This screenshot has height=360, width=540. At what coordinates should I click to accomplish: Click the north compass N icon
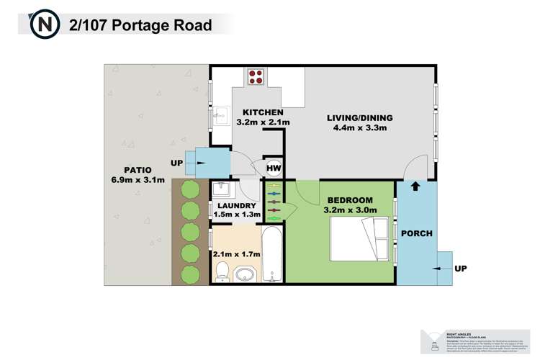(44, 24)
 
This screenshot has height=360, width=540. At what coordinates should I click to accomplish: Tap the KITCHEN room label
(263, 113)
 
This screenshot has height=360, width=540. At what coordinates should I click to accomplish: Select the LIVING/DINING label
(357, 118)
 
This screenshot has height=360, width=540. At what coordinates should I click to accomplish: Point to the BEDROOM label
(350, 199)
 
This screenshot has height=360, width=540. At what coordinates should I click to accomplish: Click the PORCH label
(416, 233)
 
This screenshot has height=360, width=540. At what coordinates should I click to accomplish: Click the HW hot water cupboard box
(274, 168)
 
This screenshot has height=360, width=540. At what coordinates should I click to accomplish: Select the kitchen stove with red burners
(256, 76)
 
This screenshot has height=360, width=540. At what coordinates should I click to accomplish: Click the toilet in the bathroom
(222, 272)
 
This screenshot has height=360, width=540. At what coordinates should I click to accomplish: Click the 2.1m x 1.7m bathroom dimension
(235, 253)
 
